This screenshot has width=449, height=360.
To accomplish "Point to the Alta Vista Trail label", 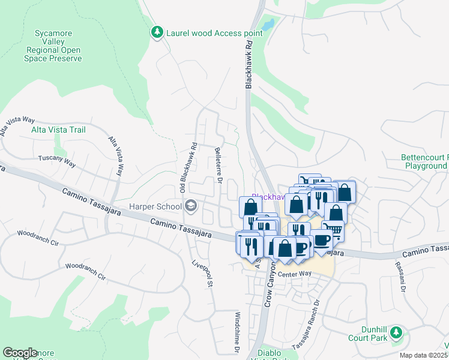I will (x=58, y=130).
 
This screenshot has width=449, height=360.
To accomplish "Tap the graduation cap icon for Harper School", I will (x=191, y=206).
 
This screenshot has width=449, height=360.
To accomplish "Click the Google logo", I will (x=20, y=353).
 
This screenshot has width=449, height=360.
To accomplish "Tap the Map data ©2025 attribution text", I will (x=424, y=355).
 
